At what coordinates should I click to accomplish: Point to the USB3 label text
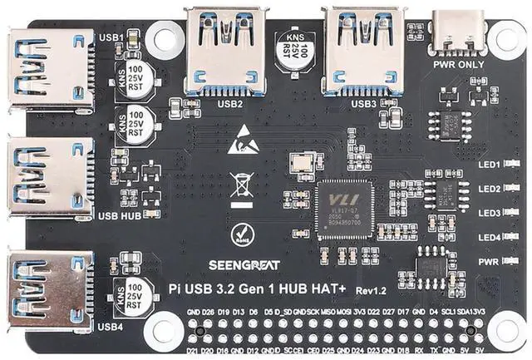pyautogui.click(x=363, y=104)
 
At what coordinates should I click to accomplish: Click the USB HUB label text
pyautogui.click(x=119, y=216)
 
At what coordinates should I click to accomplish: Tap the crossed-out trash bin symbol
pyautogui.click(x=241, y=185)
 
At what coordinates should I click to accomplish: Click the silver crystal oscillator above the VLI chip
pyautogui.click(x=299, y=164)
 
